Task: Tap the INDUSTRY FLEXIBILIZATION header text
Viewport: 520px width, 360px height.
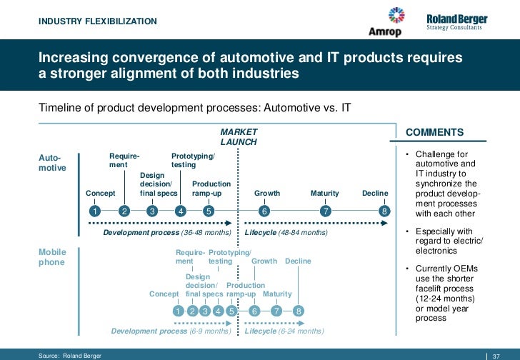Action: coord(98,21)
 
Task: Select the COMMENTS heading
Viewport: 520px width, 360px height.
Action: coord(434,132)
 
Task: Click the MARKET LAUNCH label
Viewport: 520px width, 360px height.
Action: coord(239,137)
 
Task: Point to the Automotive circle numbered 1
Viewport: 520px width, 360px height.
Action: coord(94,211)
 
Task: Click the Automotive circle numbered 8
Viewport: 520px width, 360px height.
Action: coord(384,211)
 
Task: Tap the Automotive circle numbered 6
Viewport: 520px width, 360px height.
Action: coord(264,211)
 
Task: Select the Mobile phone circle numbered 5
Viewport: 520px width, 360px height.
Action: coord(231,311)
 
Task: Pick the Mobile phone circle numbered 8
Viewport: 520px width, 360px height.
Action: coord(299,311)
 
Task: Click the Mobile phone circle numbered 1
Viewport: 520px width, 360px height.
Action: coord(179,311)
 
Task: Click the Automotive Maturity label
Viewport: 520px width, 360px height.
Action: coord(324,194)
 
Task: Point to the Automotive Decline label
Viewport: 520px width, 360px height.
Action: coord(375,194)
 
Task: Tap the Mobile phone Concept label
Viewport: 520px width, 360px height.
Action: coord(164,294)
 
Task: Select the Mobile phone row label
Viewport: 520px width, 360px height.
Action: coord(51,257)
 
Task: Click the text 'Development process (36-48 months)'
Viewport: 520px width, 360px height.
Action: coord(167,233)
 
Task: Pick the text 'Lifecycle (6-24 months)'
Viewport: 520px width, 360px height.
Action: coord(284,331)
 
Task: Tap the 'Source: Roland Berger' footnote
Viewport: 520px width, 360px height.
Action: coord(70,355)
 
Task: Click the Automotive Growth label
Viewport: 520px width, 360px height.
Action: coord(267,194)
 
